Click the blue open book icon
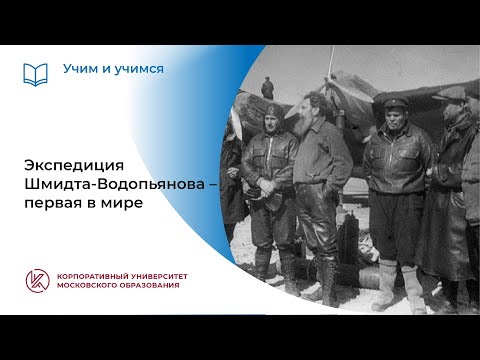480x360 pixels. (x=36, y=74)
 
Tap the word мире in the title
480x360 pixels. (x=123, y=202)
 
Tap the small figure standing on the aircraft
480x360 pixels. (x=267, y=87)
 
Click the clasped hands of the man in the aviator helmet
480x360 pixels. (x=271, y=187)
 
